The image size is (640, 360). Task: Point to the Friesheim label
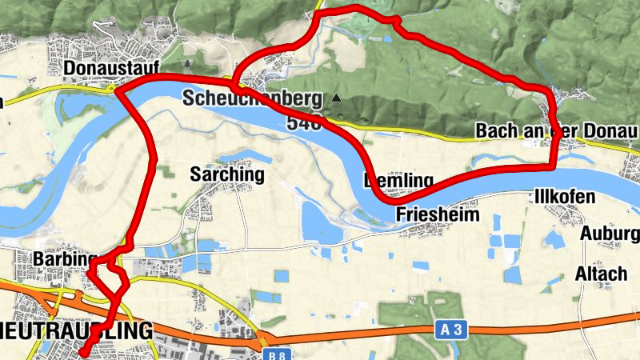click(x=438, y=214)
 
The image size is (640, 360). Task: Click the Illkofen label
click(x=564, y=197)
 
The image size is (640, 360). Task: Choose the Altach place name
click(x=601, y=274)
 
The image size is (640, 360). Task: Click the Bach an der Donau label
click(x=556, y=130)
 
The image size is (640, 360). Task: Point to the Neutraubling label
click(x=75, y=330)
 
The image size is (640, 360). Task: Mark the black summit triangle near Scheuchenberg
click(x=337, y=98)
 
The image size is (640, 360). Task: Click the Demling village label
click(x=398, y=180)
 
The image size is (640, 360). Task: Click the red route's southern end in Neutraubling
click(x=83, y=353)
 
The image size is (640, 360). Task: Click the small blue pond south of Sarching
click(x=281, y=276)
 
